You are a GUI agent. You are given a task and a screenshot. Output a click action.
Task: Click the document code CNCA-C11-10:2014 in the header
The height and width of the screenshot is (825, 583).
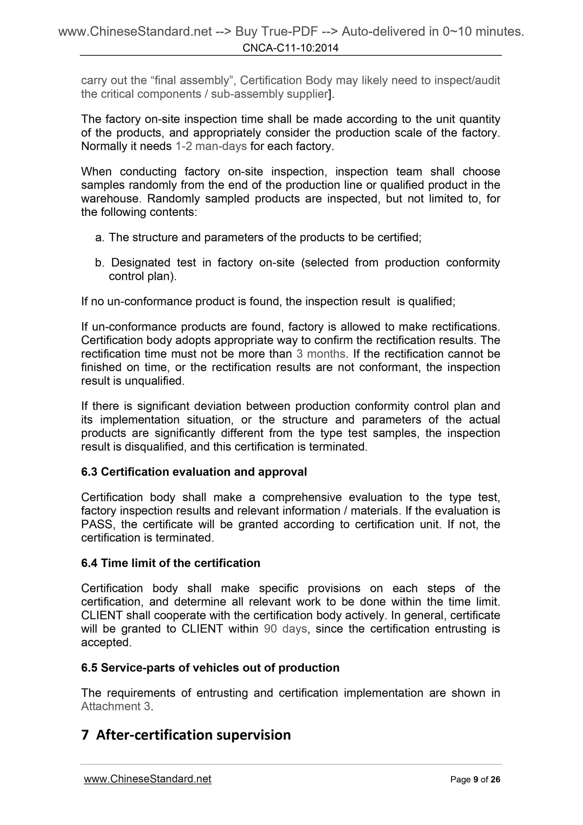[290, 48]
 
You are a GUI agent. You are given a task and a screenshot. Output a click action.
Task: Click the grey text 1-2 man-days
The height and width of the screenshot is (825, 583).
[211, 147]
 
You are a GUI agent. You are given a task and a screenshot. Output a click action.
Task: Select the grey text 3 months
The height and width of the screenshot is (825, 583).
[321, 354]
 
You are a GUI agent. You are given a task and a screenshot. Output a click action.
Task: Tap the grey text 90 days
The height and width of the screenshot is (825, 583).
[285, 629]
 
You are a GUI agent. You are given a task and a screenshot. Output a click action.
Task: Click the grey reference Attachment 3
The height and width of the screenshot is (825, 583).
[116, 706]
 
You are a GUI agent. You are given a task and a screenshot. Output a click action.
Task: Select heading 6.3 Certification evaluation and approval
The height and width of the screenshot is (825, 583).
[194, 472]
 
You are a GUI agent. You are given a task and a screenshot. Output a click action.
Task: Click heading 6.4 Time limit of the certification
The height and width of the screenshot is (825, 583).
[170, 563]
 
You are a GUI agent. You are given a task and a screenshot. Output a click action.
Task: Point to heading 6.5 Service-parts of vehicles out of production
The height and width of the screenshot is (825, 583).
[210, 668]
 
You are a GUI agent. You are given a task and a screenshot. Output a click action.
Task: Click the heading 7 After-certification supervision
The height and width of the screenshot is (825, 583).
[186, 735]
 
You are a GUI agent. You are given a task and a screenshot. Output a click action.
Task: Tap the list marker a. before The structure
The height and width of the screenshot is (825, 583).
[100, 237]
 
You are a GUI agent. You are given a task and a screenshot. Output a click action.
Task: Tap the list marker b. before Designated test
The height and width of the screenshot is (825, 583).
[100, 263]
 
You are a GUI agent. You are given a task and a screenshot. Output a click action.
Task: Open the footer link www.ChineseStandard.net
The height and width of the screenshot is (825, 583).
[147, 779]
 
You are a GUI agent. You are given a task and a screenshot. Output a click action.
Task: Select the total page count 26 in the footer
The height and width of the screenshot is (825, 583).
[495, 779]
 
